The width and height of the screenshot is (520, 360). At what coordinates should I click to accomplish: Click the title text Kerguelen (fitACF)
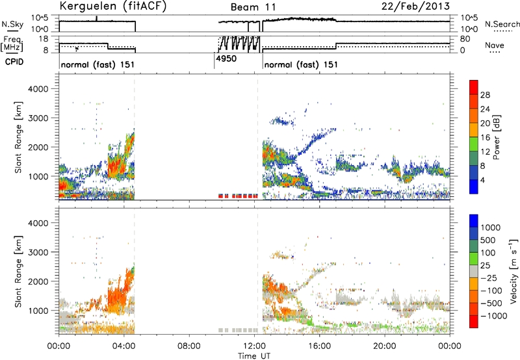112,6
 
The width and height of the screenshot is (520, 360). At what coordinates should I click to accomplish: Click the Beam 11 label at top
253,7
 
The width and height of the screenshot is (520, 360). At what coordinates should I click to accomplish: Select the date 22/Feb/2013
415,6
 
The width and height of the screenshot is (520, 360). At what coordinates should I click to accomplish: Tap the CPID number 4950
226,58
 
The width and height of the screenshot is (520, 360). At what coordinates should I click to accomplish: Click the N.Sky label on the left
12,24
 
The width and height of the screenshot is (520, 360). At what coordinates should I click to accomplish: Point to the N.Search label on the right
502,24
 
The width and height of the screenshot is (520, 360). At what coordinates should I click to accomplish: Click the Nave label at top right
495,45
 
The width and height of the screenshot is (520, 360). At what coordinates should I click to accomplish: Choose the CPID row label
14,62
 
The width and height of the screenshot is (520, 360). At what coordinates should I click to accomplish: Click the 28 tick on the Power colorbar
485,95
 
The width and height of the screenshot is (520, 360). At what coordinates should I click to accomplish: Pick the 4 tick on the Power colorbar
482,180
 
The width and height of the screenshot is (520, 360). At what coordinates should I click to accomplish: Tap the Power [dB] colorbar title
497,137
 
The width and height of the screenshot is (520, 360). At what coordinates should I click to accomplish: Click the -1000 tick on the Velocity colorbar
493,316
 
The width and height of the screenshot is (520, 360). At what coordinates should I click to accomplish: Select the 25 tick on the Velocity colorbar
485,266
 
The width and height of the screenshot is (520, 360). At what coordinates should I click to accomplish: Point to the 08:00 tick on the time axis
189,346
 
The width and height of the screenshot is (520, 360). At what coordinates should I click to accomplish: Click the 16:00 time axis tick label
319,346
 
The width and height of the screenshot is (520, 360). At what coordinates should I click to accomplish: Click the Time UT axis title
254,356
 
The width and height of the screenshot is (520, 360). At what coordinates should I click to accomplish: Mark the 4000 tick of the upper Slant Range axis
38,89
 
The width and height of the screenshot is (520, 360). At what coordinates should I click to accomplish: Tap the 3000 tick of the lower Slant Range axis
38,252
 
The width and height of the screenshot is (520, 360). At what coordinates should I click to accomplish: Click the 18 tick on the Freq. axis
44,38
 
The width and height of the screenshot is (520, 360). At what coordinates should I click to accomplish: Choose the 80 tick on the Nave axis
465,39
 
